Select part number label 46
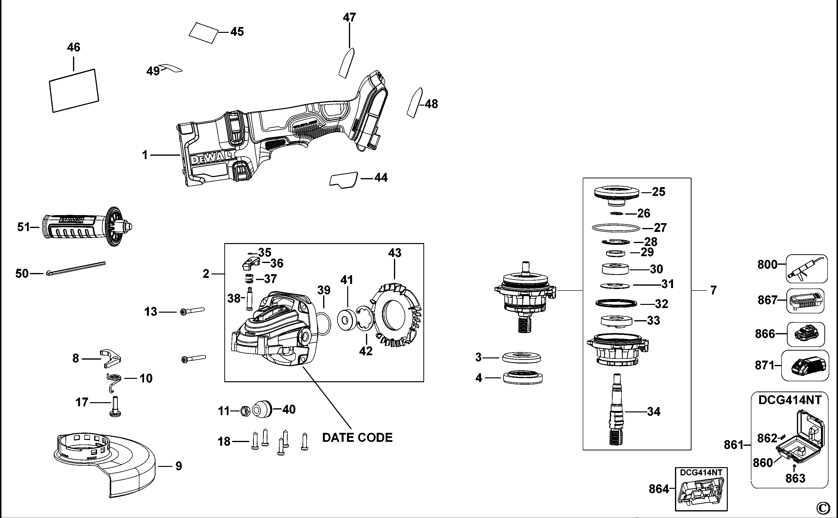[73, 47]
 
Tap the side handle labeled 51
[86, 227]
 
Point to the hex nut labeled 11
[245, 411]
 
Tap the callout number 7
[713, 291]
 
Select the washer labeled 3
[521, 358]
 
